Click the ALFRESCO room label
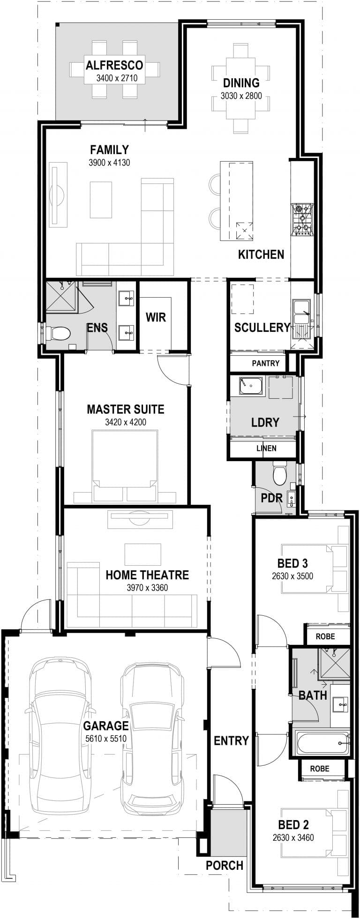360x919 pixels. [x=114, y=65]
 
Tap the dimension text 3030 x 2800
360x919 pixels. [x=241, y=96]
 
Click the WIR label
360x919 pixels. [x=156, y=317]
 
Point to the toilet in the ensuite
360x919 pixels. [x=57, y=334]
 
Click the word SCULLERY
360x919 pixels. [x=262, y=328]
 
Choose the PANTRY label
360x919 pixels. [x=265, y=363]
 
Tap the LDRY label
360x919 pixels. [x=265, y=422]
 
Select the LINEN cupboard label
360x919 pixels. [x=266, y=448]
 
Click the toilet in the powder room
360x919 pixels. [x=280, y=473]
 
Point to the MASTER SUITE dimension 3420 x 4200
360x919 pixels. [x=126, y=422]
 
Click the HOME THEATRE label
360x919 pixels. [x=147, y=575]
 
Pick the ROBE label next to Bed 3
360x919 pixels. [x=325, y=636]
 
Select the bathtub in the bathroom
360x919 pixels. [x=322, y=743]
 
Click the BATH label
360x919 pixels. [x=313, y=695]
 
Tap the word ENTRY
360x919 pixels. [x=231, y=741]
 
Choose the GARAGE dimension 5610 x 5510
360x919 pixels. [x=106, y=739]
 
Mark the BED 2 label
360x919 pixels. [x=293, y=825]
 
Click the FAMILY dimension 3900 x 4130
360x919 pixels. [x=109, y=163]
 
